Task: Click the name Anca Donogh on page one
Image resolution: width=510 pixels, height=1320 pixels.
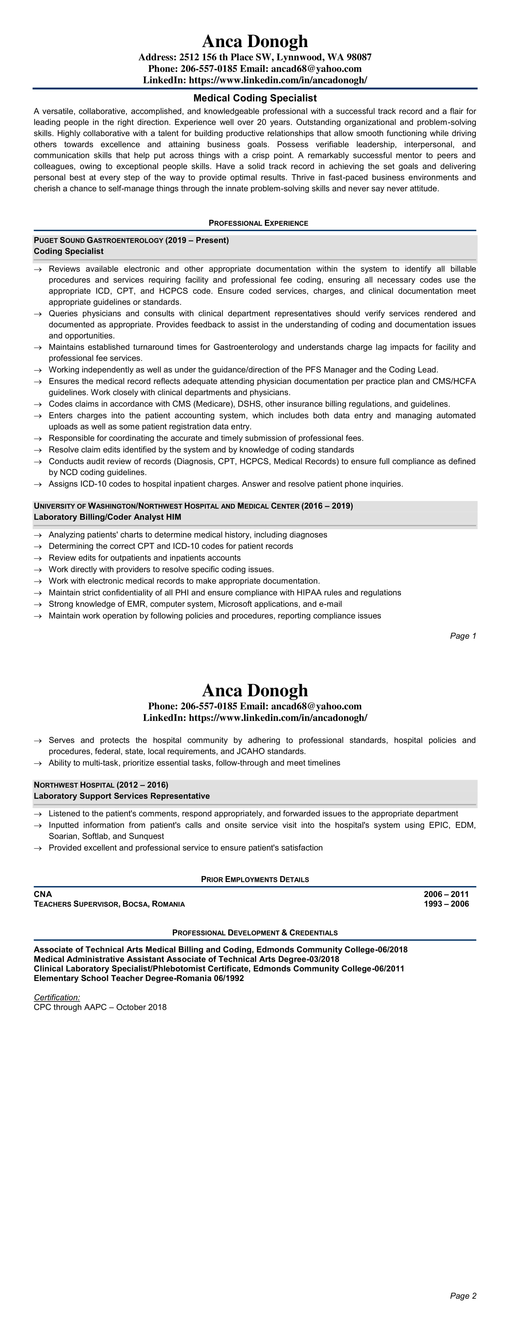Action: point(255,41)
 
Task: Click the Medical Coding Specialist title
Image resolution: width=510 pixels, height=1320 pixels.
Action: point(255,98)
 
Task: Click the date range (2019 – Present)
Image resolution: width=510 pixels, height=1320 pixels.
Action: point(197,240)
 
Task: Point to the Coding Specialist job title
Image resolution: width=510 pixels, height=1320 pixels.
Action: point(69,251)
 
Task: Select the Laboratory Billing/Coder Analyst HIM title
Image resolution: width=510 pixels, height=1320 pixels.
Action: point(107,517)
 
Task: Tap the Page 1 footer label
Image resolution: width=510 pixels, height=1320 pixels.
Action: point(463,636)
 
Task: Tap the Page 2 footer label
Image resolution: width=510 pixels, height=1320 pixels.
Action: point(463,1296)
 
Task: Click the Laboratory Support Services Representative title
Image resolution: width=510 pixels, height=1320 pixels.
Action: point(121,796)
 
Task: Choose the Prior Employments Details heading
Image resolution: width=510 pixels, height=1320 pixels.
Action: point(255,879)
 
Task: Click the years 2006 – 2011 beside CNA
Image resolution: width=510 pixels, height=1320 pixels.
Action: point(446,894)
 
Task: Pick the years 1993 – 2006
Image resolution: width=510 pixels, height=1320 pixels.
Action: point(446,904)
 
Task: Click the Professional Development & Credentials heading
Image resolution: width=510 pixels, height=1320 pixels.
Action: point(255,933)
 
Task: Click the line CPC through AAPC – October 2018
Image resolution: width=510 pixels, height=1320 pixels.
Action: point(100,1007)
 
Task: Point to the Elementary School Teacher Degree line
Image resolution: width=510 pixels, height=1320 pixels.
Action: point(138,978)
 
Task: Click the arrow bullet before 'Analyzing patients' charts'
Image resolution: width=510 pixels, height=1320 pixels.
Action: point(37,535)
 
